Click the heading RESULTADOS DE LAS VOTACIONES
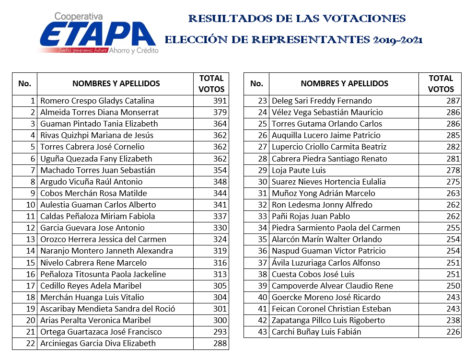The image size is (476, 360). click(297, 19)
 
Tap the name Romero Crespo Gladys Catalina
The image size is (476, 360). click(97, 101)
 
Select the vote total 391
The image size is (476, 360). click(220, 101)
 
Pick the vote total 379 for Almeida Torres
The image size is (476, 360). click(220, 112)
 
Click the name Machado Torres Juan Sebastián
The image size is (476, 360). click(98, 170)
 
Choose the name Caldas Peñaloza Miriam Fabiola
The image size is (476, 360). click(98, 216)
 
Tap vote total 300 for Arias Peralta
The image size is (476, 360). click(220, 320)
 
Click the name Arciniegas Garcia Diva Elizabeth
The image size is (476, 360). click(98, 343)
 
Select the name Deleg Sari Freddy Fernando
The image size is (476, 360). click(322, 101)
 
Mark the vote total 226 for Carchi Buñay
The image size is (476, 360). click(453, 332)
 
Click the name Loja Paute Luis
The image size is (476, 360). click(299, 170)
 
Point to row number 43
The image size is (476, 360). click(262, 332)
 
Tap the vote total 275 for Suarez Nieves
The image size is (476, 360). click(453, 182)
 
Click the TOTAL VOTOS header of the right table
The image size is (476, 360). click(441, 83)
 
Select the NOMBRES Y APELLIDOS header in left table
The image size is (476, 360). click(116, 83)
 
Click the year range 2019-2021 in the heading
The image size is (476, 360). click(397, 40)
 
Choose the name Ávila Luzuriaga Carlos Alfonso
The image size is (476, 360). click(326, 263)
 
